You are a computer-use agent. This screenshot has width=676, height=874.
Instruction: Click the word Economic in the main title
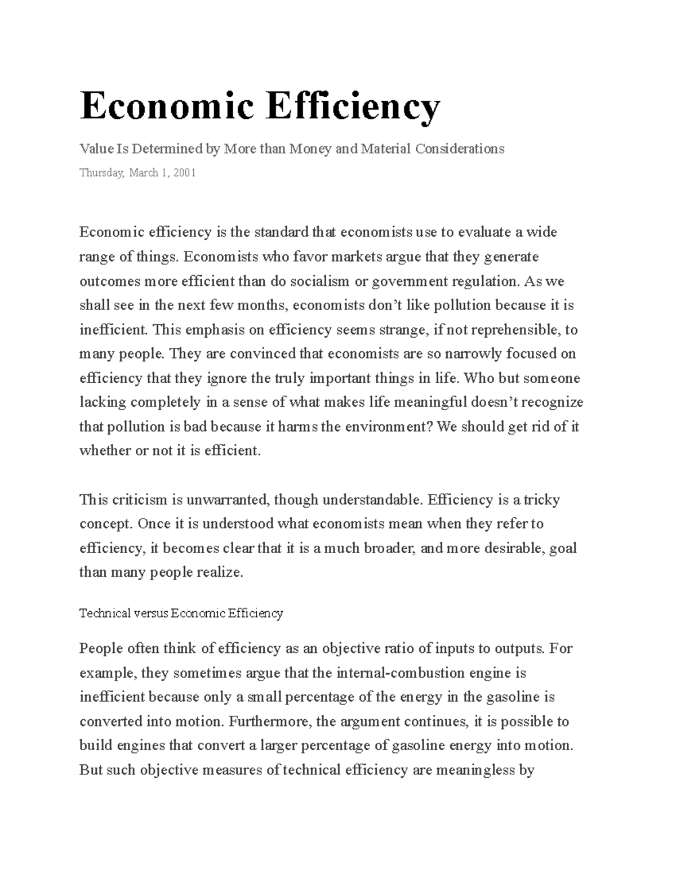click(166, 106)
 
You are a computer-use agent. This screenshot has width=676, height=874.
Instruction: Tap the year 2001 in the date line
click(185, 173)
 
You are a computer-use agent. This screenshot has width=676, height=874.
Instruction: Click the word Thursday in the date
click(101, 173)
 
